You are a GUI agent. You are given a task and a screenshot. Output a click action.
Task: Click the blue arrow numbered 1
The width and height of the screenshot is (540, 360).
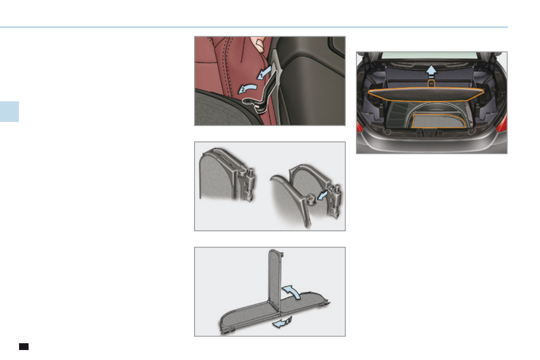point(266,72)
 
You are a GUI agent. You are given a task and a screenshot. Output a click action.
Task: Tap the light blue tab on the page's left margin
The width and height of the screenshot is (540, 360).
point(9,112)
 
